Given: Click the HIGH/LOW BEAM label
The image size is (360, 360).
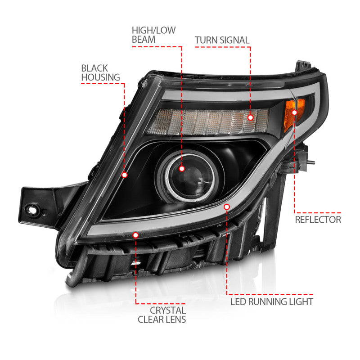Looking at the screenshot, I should coord(153,35).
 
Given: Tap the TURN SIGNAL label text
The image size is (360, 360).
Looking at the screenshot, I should coord(222,40).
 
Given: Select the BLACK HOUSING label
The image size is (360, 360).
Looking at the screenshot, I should coord(94,72).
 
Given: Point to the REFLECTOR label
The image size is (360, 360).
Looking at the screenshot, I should coord(318,220).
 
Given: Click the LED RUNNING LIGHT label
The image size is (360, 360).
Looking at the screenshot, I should coord(272,301).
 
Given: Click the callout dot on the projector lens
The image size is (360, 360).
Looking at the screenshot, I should coord(182,168).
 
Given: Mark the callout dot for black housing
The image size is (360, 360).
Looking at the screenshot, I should coord(125,175).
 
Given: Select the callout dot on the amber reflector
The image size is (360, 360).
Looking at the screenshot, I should coord(295,112).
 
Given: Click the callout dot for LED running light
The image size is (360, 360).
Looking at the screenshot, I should coord(227,207).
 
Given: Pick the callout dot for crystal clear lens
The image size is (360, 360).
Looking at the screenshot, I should coord(136,235).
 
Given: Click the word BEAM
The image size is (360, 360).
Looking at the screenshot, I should coord(144,40).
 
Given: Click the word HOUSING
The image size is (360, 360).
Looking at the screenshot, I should coord(94,77).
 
